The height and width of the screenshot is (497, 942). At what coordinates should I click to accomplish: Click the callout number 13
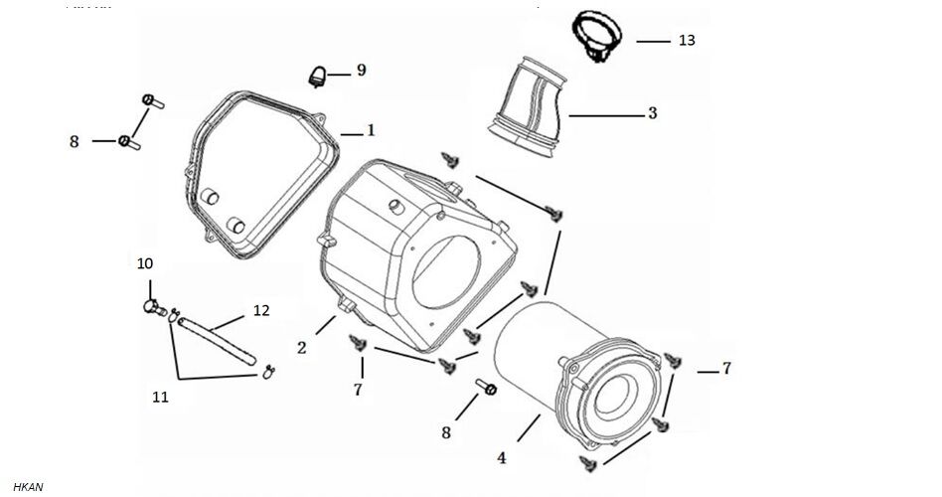(x=686, y=41)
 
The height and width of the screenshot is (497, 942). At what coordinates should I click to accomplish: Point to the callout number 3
(x=652, y=113)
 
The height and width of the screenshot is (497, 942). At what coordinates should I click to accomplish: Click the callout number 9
(x=361, y=70)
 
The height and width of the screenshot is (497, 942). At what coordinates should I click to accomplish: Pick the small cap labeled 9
(x=318, y=74)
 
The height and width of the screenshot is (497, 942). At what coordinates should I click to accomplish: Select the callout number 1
(x=371, y=130)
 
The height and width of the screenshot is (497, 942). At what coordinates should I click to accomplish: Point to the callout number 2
(x=301, y=347)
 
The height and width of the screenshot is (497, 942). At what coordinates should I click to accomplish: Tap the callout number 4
(x=502, y=458)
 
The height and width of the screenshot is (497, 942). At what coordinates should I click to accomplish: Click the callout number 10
(x=145, y=263)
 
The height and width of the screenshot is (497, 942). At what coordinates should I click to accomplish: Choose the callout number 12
(x=261, y=311)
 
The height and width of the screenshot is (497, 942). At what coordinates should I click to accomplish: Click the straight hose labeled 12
(x=221, y=338)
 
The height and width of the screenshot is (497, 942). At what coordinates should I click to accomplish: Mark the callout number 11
(x=160, y=397)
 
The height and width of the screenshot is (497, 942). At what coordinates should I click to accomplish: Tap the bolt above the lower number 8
(x=486, y=386)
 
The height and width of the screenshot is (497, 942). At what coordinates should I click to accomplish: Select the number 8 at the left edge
(x=74, y=142)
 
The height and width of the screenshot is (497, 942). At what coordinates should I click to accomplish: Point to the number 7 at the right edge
(x=726, y=368)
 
